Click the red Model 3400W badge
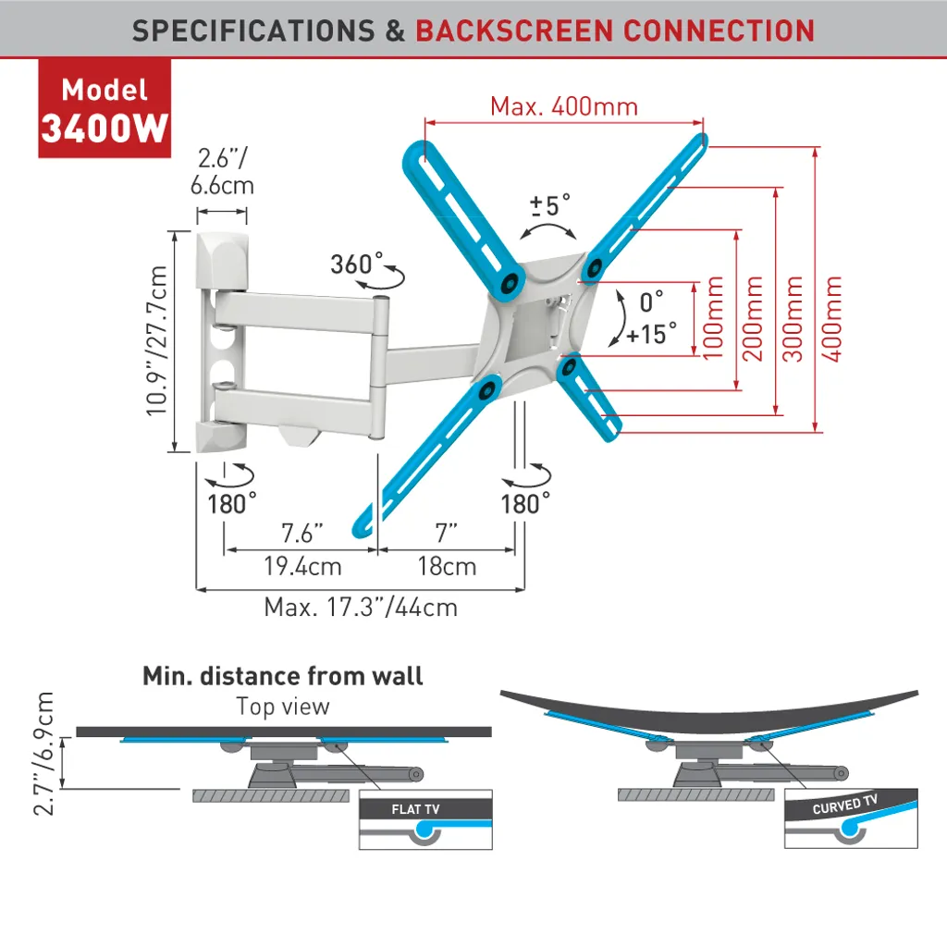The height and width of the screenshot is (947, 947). [x=105, y=109]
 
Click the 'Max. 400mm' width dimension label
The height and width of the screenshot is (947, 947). [x=563, y=106]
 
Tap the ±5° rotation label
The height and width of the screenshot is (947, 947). [x=550, y=204]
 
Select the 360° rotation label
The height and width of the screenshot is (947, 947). [x=357, y=264]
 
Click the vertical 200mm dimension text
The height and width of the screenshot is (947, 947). [x=753, y=318]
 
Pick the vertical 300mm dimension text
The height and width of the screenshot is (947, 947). [x=793, y=318]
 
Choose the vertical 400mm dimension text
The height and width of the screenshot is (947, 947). [x=834, y=318]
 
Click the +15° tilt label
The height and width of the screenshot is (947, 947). [x=651, y=333]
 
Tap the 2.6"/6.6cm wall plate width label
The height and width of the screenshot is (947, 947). [x=222, y=171]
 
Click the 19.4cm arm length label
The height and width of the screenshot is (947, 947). [x=301, y=566]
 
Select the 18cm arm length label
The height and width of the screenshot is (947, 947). [x=447, y=566]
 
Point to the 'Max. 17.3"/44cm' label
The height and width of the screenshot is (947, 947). [x=361, y=608]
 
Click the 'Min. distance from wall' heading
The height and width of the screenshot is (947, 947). [x=282, y=676]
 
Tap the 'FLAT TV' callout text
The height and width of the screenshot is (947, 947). [x=415, y=809]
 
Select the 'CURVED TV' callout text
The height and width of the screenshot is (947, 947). [x=844, y=805]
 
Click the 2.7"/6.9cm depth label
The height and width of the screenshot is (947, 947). [x=43, y=754]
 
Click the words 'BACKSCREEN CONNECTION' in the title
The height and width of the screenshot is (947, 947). [x=615, y=30]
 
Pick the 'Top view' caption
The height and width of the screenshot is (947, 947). [x=282, y=707]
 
